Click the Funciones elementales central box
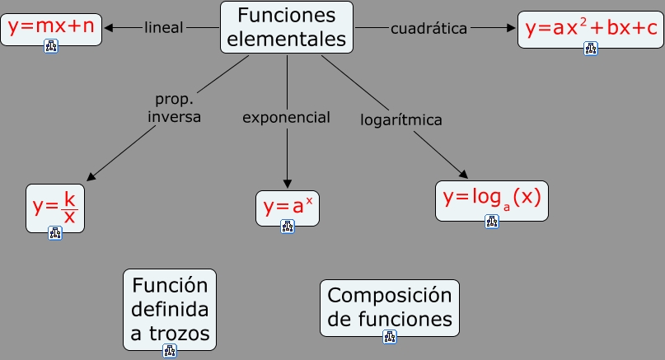tap(286, 26)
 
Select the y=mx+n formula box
tap(51, 27)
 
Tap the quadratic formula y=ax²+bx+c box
tap(590, 28)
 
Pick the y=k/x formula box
tap(54, 207)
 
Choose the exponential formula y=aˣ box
tap(286, 207)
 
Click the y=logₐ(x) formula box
tap(491, 199)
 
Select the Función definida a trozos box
tap(169, 309)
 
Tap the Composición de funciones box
tap(389, 306)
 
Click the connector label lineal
tap(163, 28)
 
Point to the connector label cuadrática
tap(429, 29)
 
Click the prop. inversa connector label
tap(174, 108)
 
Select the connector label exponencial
tap(286, 118)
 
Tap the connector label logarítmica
tap(401, 120)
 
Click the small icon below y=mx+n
tap(51, 47)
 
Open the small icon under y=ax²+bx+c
tap(590, 49)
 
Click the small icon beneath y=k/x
tap(55, 233)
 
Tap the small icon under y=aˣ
tap(287, 227)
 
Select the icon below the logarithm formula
tap(492, 222)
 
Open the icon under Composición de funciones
tap(390, 336)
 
